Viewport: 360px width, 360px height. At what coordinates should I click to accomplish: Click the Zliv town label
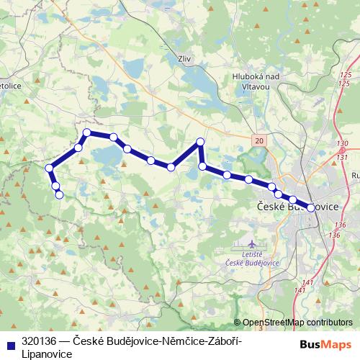coord(185,60)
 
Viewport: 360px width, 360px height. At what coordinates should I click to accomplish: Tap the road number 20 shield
coord(259,140)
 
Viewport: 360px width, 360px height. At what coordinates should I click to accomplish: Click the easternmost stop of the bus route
coord(311,207)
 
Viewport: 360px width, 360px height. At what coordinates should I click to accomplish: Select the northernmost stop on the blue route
coord(201,142)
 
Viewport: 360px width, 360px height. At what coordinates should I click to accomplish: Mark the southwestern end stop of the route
coord(59,194)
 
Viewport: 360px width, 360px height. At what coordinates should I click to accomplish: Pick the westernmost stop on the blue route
coord(50,168)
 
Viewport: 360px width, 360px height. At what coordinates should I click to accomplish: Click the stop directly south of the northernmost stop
coord(203,166)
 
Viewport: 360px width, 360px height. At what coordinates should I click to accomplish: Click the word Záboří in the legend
coord(223,338)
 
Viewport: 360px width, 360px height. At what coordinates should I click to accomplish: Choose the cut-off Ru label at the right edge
coord(355,174)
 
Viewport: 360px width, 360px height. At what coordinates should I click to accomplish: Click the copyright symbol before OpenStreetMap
coord(238,323)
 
